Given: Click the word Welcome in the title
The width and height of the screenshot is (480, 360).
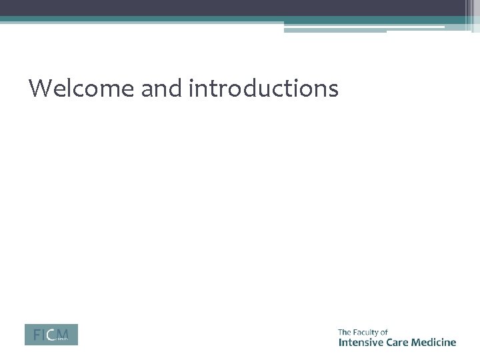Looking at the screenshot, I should pyautogui.click(x=81, y=88).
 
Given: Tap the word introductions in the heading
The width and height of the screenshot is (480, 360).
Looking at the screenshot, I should pyautogui.click(x=264, y=88).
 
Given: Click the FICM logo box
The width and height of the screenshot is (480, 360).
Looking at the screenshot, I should pyautogui.click(x=51, y=335).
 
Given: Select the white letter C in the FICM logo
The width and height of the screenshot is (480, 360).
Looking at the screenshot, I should pyautogui.click(x=50, y=335).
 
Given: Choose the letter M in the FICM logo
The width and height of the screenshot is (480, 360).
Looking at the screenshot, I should pyautogui.click(x=62, y=334).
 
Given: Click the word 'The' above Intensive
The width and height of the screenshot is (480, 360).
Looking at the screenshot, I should pyautogui.click(x=345, y=331).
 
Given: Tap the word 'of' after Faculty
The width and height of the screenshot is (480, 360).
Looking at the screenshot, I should pyautogui.click(x=384, y=331).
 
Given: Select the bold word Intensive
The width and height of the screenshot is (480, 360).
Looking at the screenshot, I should pyautogui.click(x=361, y=343).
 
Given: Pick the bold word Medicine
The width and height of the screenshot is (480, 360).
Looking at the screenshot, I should pyautogui.click(x=436, y=343).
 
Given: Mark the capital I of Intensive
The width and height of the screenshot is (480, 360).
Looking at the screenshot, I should pyautogui.click(x=340, y=343).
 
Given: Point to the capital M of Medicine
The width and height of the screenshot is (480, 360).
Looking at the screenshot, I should pyautogui.click(x=419, y=343).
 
